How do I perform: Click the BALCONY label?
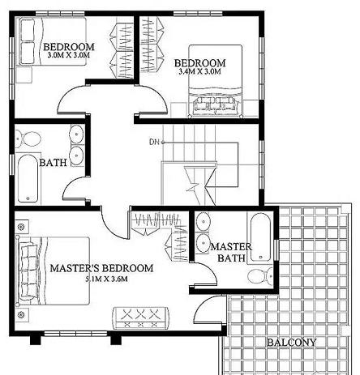(x=292, y=343)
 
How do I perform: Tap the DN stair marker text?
(x=154, y=142)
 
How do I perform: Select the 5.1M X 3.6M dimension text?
(x=107, y=279)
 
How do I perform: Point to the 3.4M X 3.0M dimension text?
(x=199, y=71)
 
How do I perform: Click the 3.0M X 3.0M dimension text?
(x=69, y=55)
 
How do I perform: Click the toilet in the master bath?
(x=260, y=276)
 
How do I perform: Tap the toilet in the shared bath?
(x=28, y=139)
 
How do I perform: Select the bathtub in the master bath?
(x=260, y=237)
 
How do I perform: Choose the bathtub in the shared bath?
(x=28, y=178)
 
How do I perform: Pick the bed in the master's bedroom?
(x=53, y=271)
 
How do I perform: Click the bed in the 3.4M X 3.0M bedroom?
(x=216, y=81)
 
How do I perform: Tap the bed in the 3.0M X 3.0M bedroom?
(x=51, y=41)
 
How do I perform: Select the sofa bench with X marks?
(x=141, y=317)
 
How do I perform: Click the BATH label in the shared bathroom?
(x=53, y=163)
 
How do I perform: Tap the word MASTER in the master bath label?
(x=231, y=247)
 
